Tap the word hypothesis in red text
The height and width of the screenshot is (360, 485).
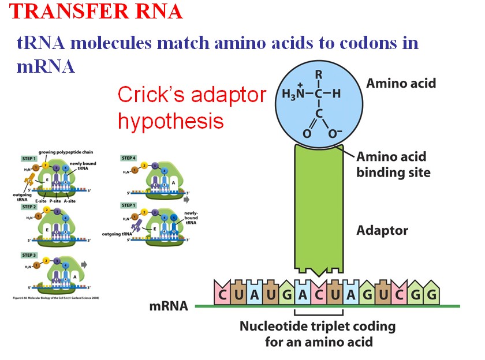[171, 121]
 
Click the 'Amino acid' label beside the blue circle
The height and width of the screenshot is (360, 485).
[401, 84]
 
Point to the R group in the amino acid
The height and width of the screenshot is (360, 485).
[318, 75]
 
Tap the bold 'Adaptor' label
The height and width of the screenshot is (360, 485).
[382, 231]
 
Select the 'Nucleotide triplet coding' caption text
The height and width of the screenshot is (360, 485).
[318, 327]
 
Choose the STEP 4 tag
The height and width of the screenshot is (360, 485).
[129, 157]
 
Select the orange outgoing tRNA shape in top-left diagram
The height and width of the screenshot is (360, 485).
[29, 181]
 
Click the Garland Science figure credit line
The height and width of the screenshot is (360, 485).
[50, 298]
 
